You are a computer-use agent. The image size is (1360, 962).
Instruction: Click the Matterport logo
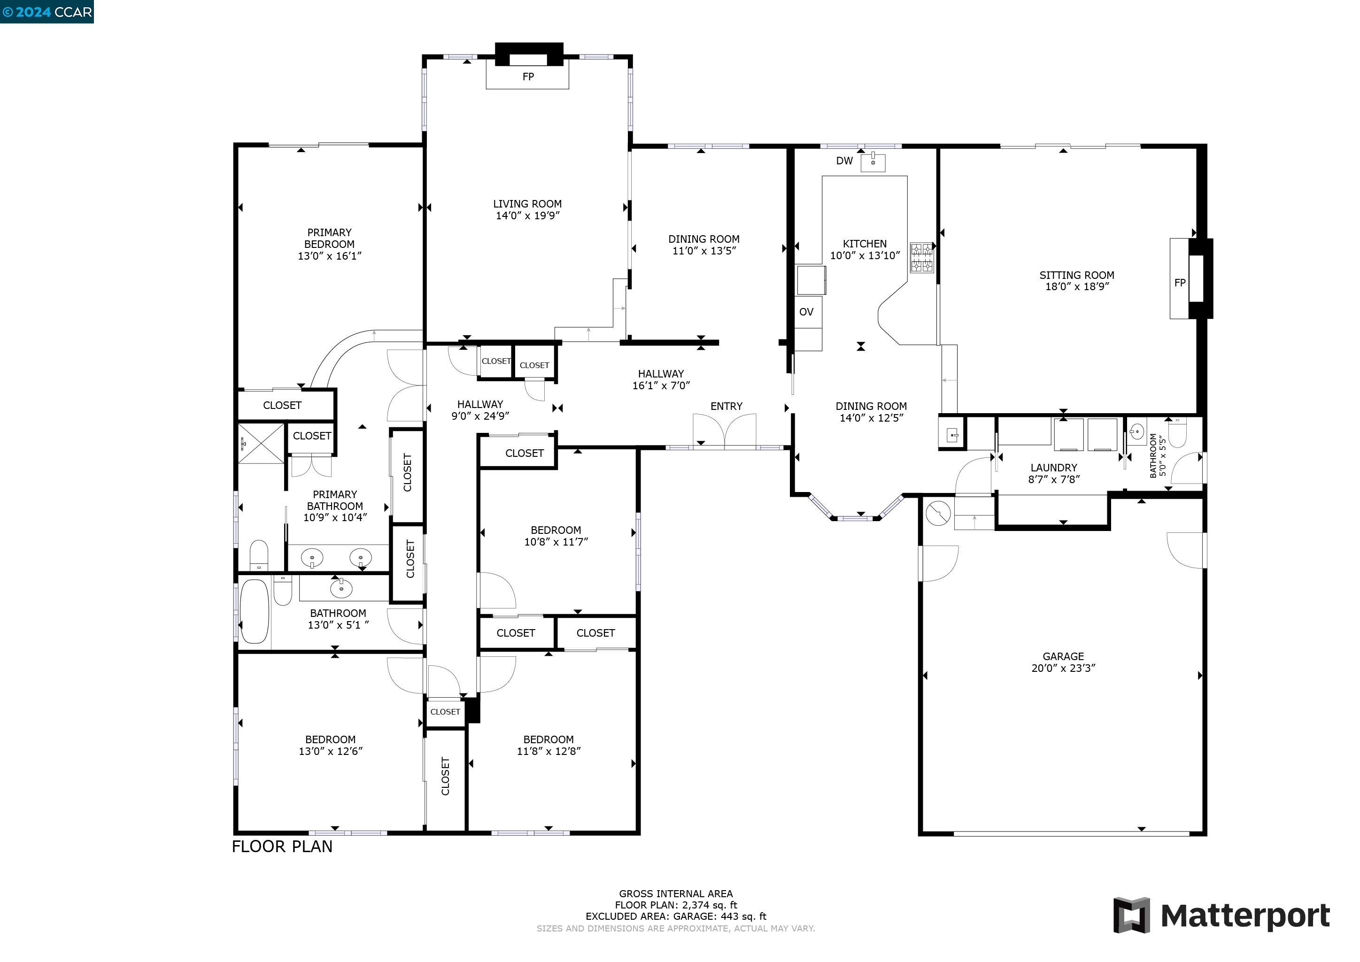click(x=1222, y=916)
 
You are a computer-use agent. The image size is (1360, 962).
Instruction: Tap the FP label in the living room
click(x=528, y=77)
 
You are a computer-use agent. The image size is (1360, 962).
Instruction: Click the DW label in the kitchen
click(x=844, y=161)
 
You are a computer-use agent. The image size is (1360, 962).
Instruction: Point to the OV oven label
click(x=806, y=312)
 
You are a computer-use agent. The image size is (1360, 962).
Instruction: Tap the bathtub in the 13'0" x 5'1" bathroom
click(x=255, y=611)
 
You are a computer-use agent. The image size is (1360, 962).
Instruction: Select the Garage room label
click(x=1063, y=656)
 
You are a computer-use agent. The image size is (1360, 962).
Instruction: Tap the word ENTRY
click(x=726, y=407)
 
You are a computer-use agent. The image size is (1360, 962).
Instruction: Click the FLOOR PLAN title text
click(x=282, y=847)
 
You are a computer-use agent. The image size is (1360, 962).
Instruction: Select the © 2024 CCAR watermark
click(x=47, y=12)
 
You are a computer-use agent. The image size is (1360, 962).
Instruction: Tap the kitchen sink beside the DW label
click(x=873, y=162)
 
